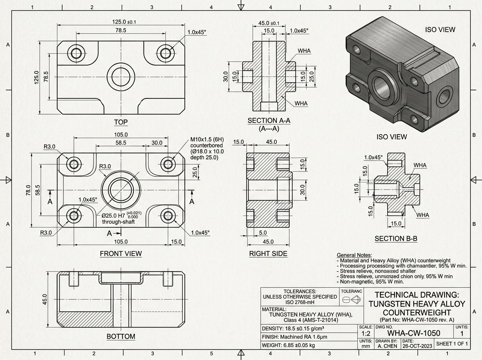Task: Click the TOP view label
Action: point(121,122)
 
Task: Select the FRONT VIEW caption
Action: point(121,254)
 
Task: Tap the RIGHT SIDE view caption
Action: point(268,254)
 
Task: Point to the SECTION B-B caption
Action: point(396,239)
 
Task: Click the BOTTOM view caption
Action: point(121,336)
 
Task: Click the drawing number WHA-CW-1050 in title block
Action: point(413,333)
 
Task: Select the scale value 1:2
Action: point(366,333)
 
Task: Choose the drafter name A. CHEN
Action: point(387,346)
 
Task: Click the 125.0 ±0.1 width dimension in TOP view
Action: point(120,22)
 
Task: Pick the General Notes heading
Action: point(354,255)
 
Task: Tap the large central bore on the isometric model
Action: point(383,86)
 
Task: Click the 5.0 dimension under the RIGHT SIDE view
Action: point(263,233)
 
